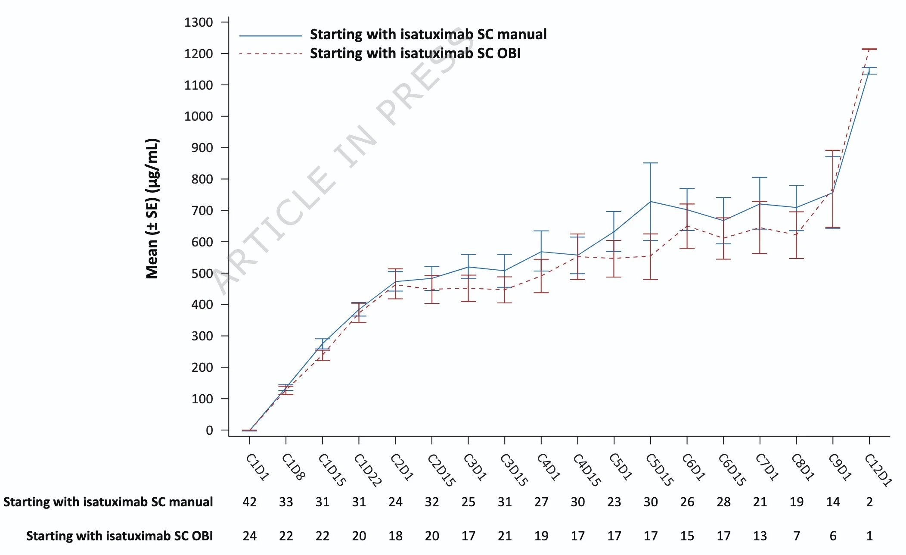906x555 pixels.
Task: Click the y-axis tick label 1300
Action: click(199, 22)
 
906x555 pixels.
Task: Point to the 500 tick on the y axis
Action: click(202, 274)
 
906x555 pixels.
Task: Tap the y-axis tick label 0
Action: click(209, 430)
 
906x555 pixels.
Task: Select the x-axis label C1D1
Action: click(258, 467)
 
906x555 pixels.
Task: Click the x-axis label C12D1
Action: click(878, 470)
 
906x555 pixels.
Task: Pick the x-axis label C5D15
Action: click(659, 470)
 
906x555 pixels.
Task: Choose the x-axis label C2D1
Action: click(402, 467)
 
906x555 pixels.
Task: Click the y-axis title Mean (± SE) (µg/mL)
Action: click(152, 209)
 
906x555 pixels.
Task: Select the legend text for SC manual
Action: click(428, 34)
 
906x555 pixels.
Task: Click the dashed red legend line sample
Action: click(270, 54)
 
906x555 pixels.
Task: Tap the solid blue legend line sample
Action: click(270, 36)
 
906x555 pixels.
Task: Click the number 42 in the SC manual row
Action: click(249, 502)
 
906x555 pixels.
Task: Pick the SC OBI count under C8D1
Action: click(797, 536)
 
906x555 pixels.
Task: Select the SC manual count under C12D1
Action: click(869, 502)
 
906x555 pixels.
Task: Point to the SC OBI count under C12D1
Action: click(869, 536)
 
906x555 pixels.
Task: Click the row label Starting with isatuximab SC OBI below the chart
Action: click(119, 536)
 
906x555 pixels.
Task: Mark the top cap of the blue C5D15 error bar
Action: click(650, 163)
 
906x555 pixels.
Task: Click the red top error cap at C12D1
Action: click(869, 49)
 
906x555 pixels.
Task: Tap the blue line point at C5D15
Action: click(650, 202)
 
